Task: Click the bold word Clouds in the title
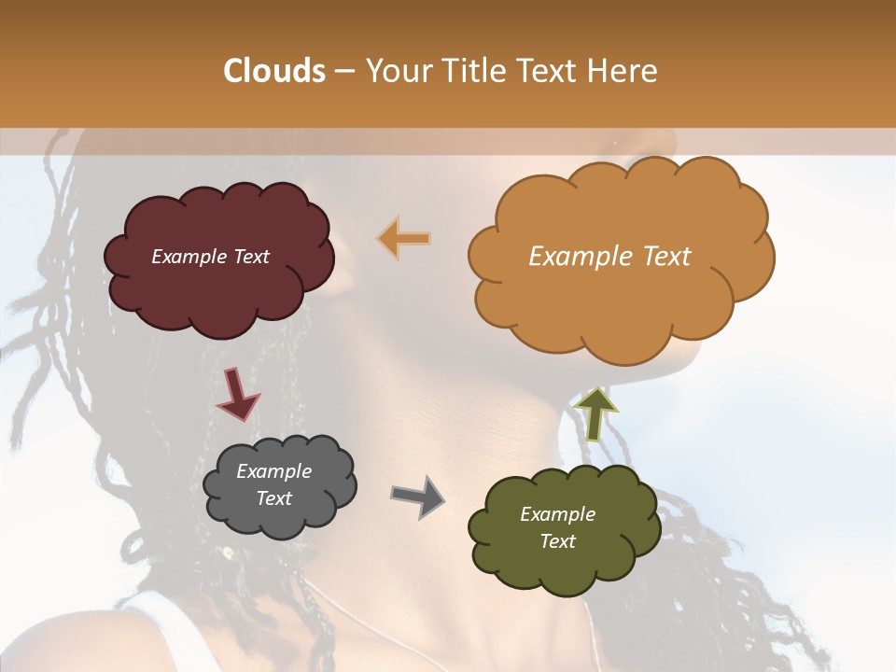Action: point(274,71)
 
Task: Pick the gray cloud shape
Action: point(280,522)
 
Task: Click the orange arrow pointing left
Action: point(404,238)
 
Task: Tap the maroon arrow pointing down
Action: point(236,393)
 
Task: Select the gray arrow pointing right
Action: point(417,496)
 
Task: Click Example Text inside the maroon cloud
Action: point(210,257)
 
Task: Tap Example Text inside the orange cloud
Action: point(609,257)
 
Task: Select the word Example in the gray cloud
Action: point(273,471)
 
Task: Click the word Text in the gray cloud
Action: point(273,498)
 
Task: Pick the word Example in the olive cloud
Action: point(557,514)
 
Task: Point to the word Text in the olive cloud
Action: point(557,541)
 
